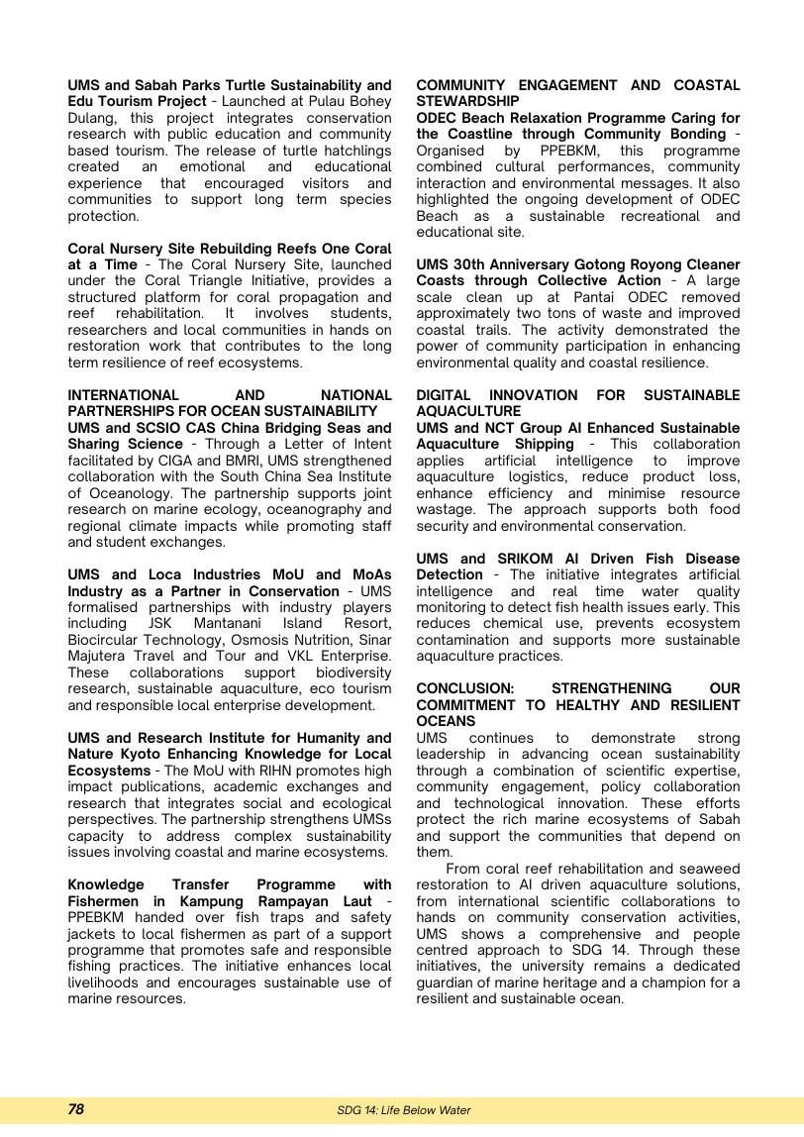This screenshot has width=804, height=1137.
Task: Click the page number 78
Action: [x=76, y=1110]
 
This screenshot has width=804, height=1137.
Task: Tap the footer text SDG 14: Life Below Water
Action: [x=403, y=1111]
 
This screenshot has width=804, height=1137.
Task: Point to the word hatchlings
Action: [x=352, y=151]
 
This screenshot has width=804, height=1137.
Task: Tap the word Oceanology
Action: [x=127, y=493]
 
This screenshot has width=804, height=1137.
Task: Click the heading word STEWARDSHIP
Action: [x=467, y=101]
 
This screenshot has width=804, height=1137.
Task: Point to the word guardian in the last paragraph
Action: [x=447, y=982]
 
